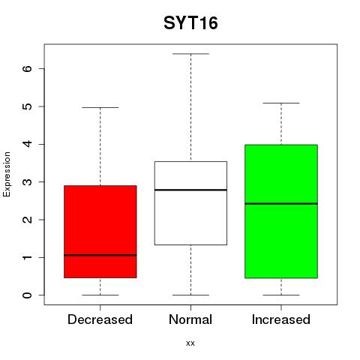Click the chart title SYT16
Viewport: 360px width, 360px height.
pos(190,23)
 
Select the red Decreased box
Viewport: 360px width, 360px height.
pos(100,232)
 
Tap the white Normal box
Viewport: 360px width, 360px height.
pos(190,203)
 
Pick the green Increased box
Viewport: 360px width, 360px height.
pos(281,211)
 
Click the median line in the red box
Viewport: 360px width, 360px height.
pos(100,255)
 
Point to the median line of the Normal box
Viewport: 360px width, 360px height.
pos(190,190)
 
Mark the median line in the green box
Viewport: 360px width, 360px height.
pos(281,203)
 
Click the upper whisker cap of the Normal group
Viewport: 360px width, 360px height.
pos(190,54)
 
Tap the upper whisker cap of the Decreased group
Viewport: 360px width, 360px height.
pos(100,107)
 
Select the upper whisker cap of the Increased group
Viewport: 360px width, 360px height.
pos(281,103)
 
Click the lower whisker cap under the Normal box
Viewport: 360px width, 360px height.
pos(190,295)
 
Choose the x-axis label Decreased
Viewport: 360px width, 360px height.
pos(100,319)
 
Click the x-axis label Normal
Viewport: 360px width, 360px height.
pos(190,319)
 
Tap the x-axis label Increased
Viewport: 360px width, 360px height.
pos(281,319)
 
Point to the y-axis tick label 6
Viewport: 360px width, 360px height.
pos(28,68)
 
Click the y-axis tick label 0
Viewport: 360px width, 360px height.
pos(28,295)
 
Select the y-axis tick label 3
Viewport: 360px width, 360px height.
pos(28,181)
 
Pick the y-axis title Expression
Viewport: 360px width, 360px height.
pos(7,174)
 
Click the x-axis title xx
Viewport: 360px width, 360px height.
pos(190,343)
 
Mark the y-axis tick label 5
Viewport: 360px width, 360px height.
pos(28,106)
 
